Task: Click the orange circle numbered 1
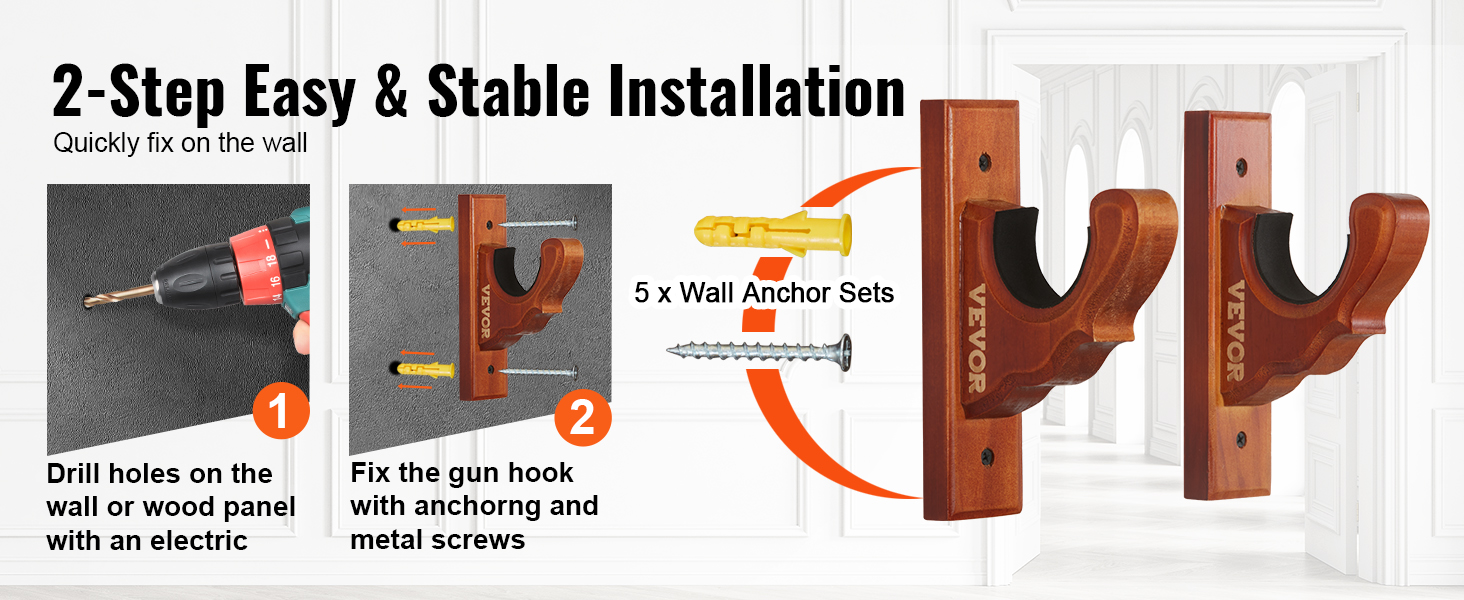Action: click(x=281, y=410)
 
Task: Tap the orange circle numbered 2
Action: click(x=582, y=417)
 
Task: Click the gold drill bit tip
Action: click(x=87, y=301)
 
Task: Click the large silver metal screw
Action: click(x=759, y=352)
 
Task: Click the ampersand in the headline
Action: click(x=391, y=92)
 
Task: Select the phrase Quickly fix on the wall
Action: click(x=180, y=143)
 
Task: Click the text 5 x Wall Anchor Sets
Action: click(x=763, y=293)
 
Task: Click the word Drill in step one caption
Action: click(x=74, y=473)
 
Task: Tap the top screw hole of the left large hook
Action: click(x=984, y=161)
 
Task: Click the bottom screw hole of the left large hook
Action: click(x=987, y=456)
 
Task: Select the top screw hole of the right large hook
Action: click(x=1241, y=166)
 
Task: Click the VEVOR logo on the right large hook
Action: click(x=1235, y=331)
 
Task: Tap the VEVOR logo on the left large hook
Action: click(x=976, y=339)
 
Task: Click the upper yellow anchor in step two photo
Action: click(x=425, y=225)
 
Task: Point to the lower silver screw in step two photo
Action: click(x=539, y=373)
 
